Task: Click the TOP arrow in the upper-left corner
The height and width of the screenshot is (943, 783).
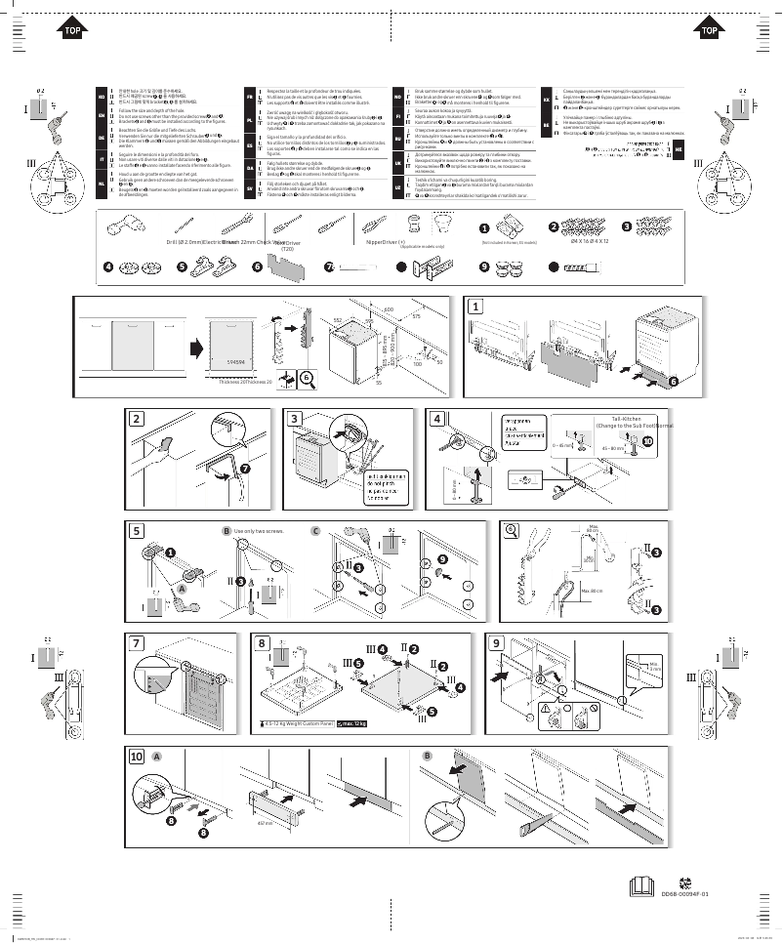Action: (71, 30)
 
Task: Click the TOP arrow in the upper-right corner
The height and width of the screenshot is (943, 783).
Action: (710, 30)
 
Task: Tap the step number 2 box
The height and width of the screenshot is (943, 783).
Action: (138, 419)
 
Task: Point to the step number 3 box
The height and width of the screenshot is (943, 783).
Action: (295, 419)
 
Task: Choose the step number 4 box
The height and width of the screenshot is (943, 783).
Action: (437, 419)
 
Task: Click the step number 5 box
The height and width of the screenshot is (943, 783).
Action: (138, 531)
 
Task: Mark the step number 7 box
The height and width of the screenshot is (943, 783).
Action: (138, 643)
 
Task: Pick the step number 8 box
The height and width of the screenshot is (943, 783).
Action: (263, 643)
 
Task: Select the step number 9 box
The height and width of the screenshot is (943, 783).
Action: (497, 643)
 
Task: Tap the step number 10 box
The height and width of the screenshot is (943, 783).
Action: (138, 757)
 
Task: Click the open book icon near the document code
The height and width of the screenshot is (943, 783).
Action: (641, 887)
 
